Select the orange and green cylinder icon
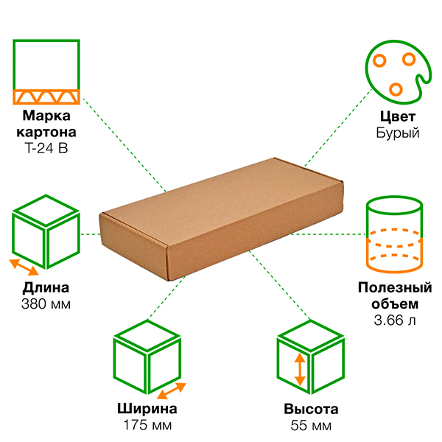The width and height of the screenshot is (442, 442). click(396, 233)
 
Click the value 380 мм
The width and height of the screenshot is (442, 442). click(46, 304)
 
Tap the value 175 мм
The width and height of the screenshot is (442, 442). click(147, 426)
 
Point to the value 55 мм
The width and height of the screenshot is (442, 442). click(311, 426)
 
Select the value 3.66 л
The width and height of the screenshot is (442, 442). click(395, 320)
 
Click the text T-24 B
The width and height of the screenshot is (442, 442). click(46, 148)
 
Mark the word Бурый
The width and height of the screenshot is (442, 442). click(397, 133)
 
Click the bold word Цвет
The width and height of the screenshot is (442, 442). click(397, 116)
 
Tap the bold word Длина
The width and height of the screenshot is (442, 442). click(46, 287)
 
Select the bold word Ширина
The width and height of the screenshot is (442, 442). click(147, 410)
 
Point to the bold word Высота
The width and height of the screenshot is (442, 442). click(311, 410)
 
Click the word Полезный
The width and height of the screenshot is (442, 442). click(395, 287)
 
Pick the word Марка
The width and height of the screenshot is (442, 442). click(46, 116)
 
